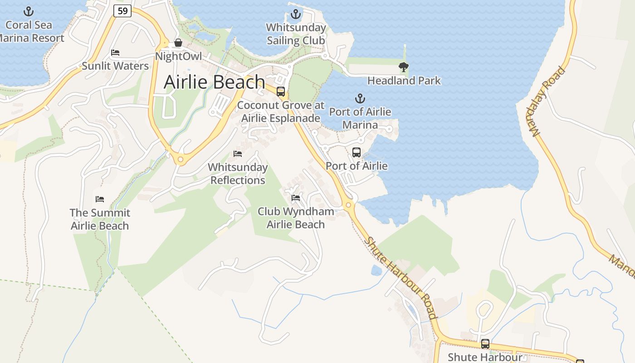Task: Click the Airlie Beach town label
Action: pyautogui.click(x=214, y=82)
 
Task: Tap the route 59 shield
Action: pyautogui.click(x=122, y=10)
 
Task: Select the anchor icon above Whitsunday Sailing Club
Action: pyautogui.click(x=296, y=14)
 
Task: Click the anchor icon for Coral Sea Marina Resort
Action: pyautogui.click(x=29, y=11)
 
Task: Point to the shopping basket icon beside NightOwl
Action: pyautogui.click(x=178, y=43)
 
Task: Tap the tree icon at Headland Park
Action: pyautogui.click(x=403, y=67)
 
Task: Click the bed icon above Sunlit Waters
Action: pyautogui.click(x=115, y=53)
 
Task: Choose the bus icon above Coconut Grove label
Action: pyautogui.click(x=281, y=92)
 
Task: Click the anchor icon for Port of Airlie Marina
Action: pyautogui.click(x=360, y=98)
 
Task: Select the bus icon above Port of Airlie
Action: pyautogui.click(x=357, y=152)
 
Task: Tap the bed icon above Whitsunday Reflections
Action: pyautogui.click(x=238, y=154)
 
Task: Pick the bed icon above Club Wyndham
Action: pyautogui.click(x=296, y=198)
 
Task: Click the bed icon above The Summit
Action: pyautogui.click(x=100, y=199)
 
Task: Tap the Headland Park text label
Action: pyautogui.click(x=404, y=81)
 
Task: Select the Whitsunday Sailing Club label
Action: pyautogui.click(x=296, y=34)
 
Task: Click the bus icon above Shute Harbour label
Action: pyautogui.click(x=485, y=344)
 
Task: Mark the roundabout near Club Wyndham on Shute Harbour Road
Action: pyautogui.click(x=348, y=205)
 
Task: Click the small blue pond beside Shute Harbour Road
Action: pyautogui.click(x=376, y=270)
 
